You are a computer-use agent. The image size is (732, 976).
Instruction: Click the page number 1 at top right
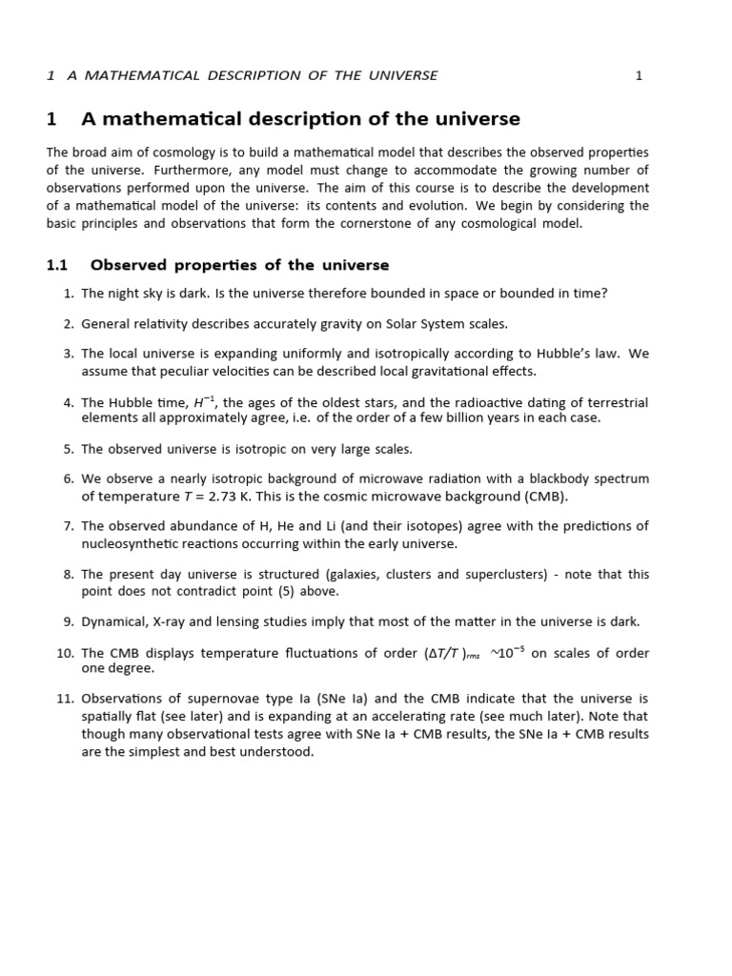[x=639, y=75]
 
